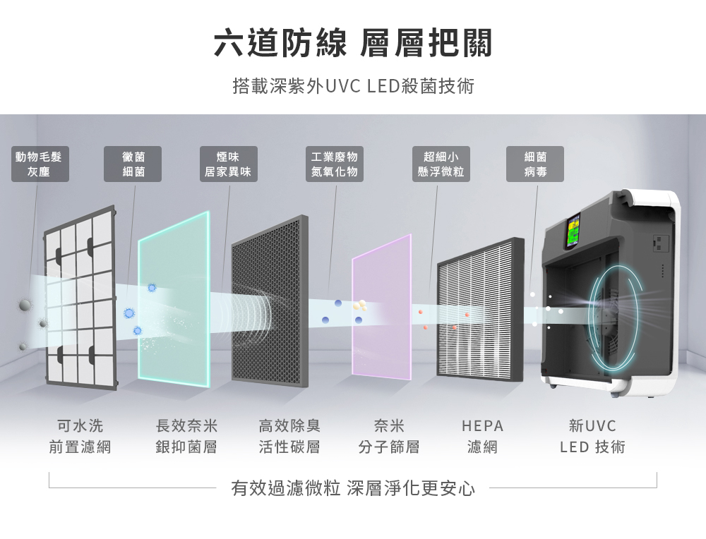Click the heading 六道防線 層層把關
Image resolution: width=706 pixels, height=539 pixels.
click(353, 43)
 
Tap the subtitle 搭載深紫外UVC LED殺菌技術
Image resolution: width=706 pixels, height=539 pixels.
click(354, 86)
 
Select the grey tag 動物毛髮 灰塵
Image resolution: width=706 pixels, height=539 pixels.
click(40, 164)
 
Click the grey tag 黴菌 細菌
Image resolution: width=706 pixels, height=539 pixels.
click(133, 164)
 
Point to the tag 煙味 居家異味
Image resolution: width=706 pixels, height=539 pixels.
click(229, 164)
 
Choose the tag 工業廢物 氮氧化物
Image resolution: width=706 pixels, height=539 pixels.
click(335, 164)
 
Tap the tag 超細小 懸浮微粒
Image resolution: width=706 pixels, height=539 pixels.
click(441, 164)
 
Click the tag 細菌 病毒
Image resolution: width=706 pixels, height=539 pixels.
click(535, 164)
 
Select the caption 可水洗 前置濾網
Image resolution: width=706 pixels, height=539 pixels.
click(80, 436)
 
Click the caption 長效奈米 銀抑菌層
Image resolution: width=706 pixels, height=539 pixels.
click(186, 436)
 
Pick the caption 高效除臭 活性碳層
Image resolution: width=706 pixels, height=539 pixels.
click(289, 436)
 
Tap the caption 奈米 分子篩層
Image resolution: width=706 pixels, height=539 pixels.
click(389, 436)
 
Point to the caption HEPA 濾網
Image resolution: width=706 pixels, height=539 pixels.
click(482, 436)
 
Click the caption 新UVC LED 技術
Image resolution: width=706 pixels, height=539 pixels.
click(592, 436)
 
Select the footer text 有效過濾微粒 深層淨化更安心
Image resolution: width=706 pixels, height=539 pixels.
click(353, 488)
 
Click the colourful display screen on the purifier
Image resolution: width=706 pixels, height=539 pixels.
click(573, 231)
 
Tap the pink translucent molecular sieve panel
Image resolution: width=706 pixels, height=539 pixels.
click(382, 307)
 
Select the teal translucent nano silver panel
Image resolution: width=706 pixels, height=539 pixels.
click(174, 298)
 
